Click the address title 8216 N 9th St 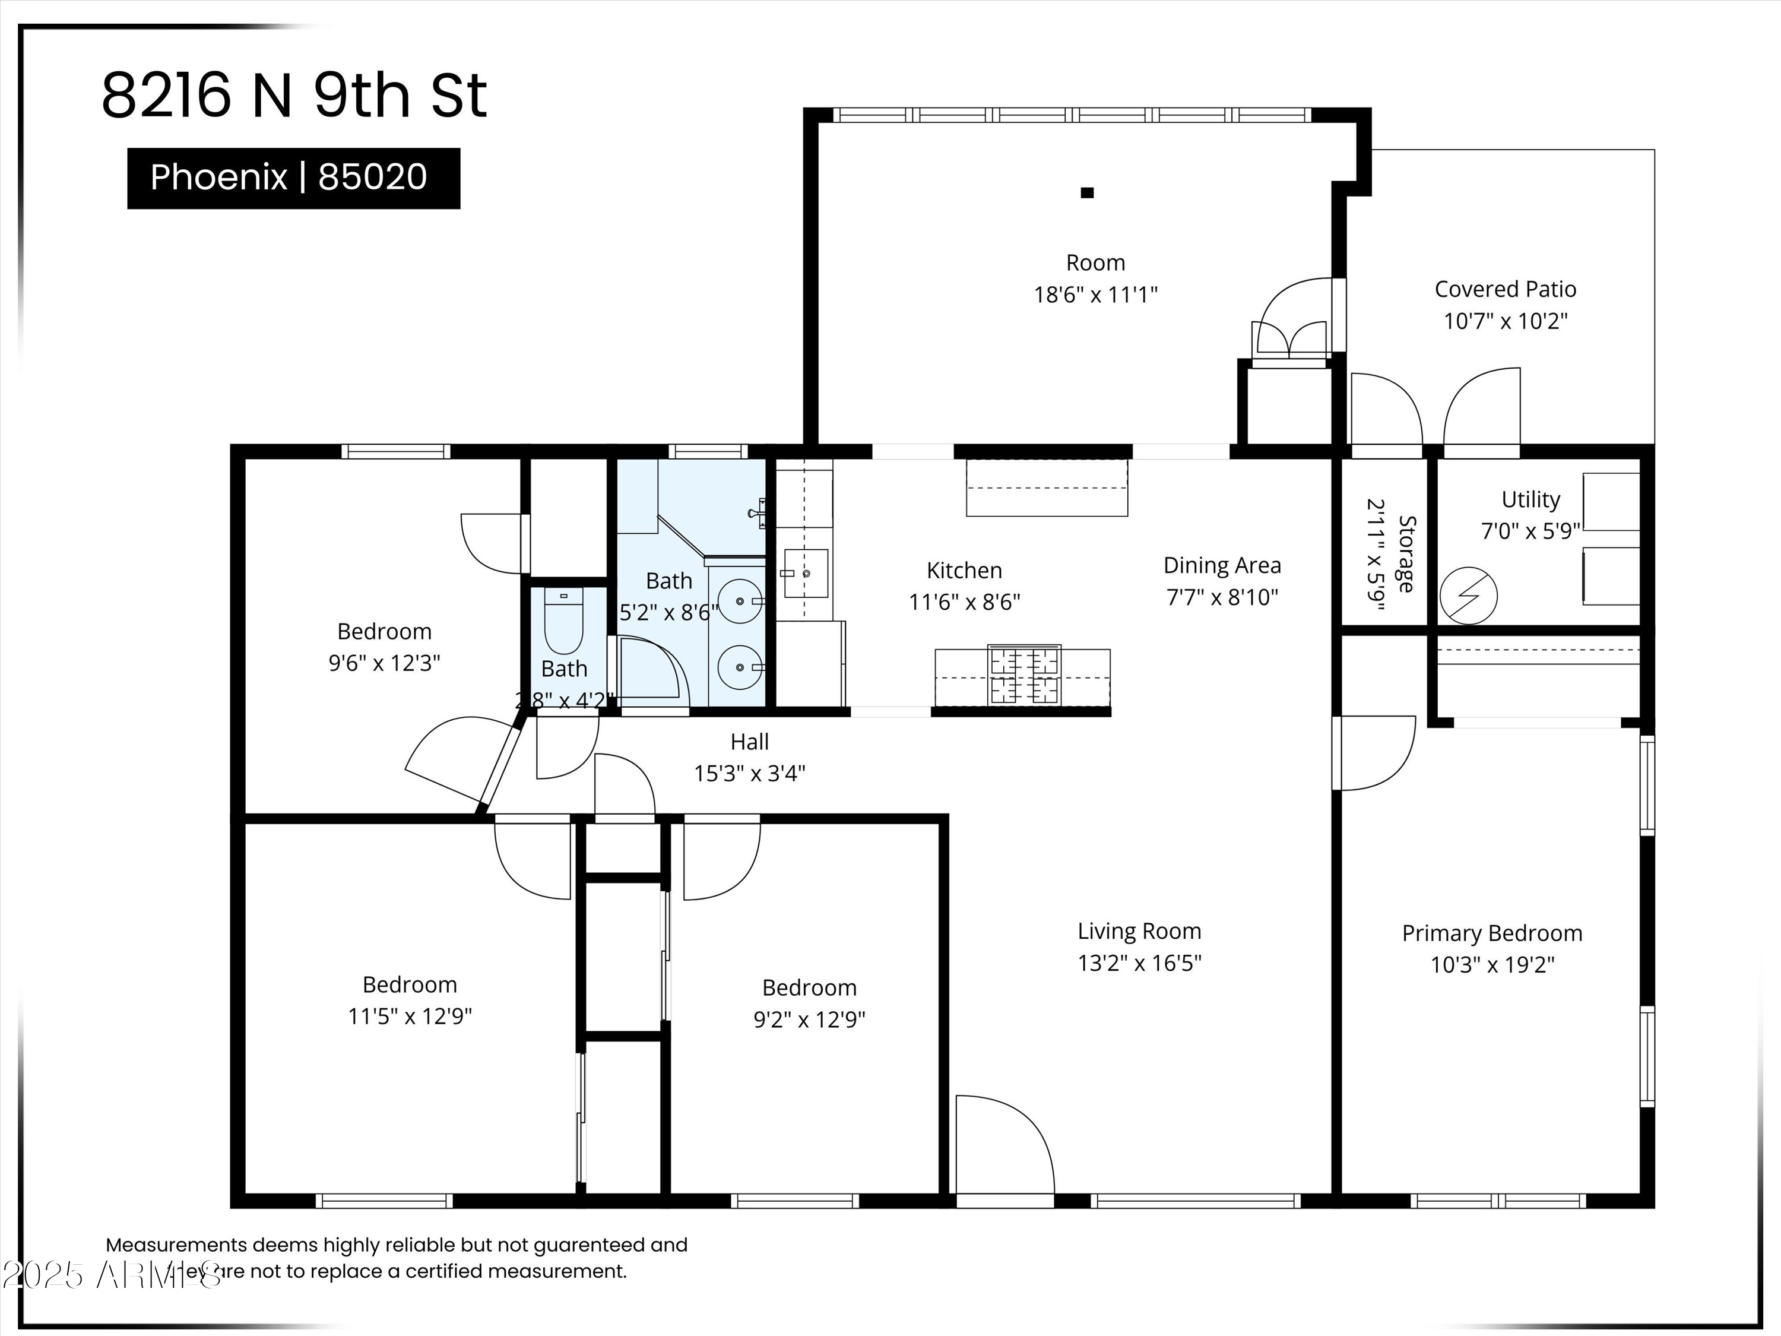pyautogui.click(x=294, y=96)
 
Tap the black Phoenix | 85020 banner pyautogui.click(x=293, y=178)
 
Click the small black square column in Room pyautogui.click(x=1087, y=192)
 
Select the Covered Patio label pyautogui.click(x=1505, y=289)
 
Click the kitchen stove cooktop pyautogui.click(x=1023, y=676)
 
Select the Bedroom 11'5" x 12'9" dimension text pyautogui.click(x=409, y=1017)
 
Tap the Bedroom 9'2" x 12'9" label pyautogui.click(x=809, y=988)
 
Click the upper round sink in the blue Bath pyautogui.click(x=739, y=601)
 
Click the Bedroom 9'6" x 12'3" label pyautogui.click(x=384, y=631)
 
